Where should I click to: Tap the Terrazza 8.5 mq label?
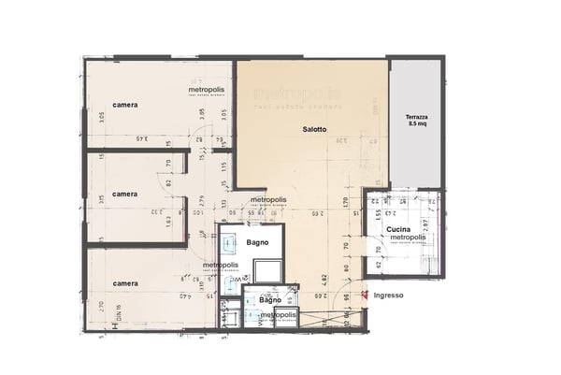[x=417, y=119]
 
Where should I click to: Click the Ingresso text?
[x=388, y=296]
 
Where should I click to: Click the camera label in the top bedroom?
[x=125, y=105]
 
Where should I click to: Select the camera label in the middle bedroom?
[x=125, y=195]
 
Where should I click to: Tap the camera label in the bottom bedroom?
[x=125, y=282]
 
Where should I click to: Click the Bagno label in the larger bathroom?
[x=259, y=243]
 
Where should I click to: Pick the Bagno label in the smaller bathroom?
[x=257, y=300]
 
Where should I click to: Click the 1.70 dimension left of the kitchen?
[x=345, y=200]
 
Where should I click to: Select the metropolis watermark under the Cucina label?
[x=408, y=238]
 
